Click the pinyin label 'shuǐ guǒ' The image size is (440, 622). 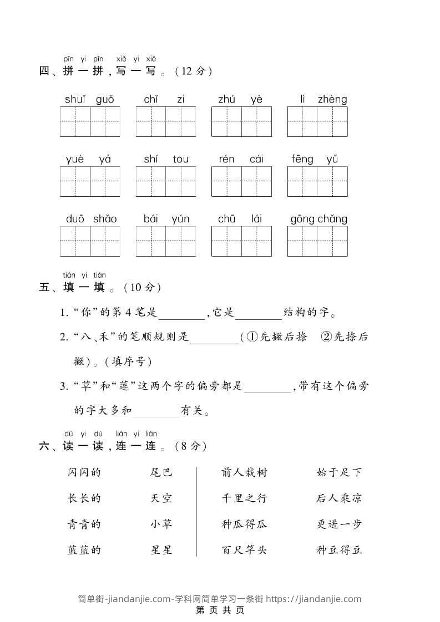click(x=89, y=100)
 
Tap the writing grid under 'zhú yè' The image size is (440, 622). click(x=241, y=121)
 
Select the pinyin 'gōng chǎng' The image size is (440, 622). click(x=318, y=219)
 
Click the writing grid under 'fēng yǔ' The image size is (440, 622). click(x=317, y=181)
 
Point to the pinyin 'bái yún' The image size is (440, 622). click(x=166, y=219)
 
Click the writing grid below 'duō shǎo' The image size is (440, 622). click(x=90, y=241)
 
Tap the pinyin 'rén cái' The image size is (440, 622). click(x=241, y=160)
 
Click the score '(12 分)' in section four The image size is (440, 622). click(x=193, y=72)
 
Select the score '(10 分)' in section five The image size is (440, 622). click(x=143, y=287)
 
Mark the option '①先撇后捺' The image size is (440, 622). click(x=276, y=337)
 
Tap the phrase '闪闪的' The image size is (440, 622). click(x=84, y=472)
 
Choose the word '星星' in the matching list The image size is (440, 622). click(x=161, y=550)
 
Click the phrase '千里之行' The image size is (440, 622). click(x=244, y=498)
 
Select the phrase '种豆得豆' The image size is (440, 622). click(x=338, y=550)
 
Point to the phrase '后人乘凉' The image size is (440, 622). click(x=338, y=498)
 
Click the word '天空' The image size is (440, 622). click(x=161, y=498)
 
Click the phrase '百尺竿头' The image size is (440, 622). click(x=244, y=550)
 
